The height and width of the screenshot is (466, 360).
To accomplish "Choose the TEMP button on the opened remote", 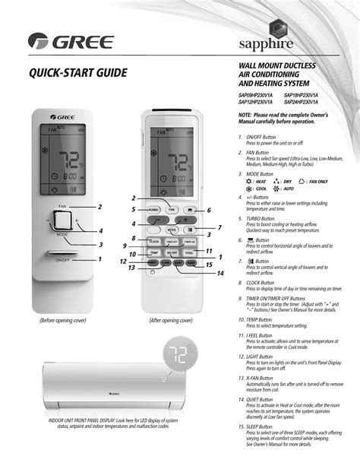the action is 153,253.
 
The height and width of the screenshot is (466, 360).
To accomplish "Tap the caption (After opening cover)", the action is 174,322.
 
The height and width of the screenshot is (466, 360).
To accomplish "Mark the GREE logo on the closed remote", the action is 65,117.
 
